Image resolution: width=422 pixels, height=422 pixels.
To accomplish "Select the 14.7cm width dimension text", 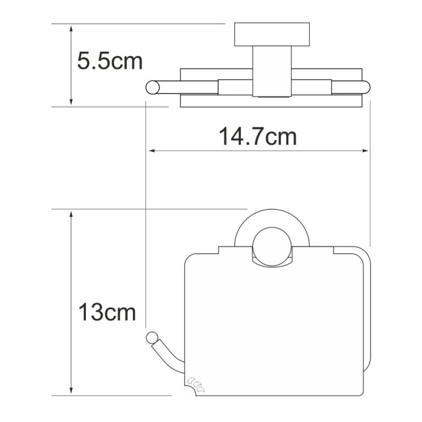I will click(x=257, y=137).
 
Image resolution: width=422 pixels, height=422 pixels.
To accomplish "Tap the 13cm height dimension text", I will click(x=107, y=313).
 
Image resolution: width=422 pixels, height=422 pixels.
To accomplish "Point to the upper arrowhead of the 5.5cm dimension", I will click(x=71, y=28).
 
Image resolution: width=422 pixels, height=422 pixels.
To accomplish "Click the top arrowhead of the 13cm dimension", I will click(x=71, y=215).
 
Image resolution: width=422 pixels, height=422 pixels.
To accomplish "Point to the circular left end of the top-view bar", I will click(x=152, y=87).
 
